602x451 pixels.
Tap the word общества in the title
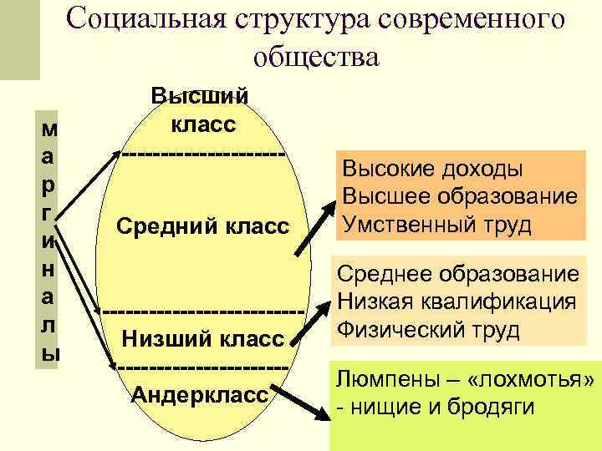coord(314,57)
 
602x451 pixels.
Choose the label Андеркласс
coord(201,393)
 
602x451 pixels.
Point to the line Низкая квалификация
coord(457,302)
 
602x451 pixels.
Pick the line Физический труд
coord(429,329)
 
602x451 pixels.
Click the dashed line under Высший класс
coord(202,155)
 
